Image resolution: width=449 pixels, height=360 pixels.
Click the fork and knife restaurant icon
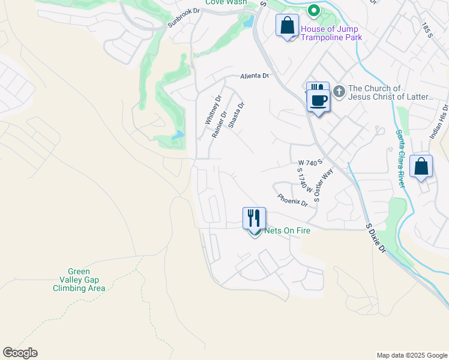click(254, 218)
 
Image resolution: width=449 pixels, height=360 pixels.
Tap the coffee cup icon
click(318, 99)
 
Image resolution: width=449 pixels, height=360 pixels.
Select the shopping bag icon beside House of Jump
click(287, 26)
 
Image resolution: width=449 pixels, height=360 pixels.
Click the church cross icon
click(339, 91)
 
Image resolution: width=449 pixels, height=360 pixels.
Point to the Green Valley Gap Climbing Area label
click(79, 280)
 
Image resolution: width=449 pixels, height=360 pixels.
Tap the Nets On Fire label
click(287, 230)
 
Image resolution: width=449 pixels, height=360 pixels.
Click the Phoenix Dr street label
click(292, 200)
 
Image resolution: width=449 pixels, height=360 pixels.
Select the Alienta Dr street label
click(255, 76)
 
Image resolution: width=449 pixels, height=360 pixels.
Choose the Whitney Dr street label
click(213, 110)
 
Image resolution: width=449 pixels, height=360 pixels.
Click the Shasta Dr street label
click(237, 115)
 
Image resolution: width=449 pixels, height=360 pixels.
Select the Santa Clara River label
click(400, 158)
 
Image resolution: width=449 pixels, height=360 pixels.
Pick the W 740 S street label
click(310, 162)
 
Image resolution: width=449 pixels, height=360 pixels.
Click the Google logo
click(20, 353)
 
